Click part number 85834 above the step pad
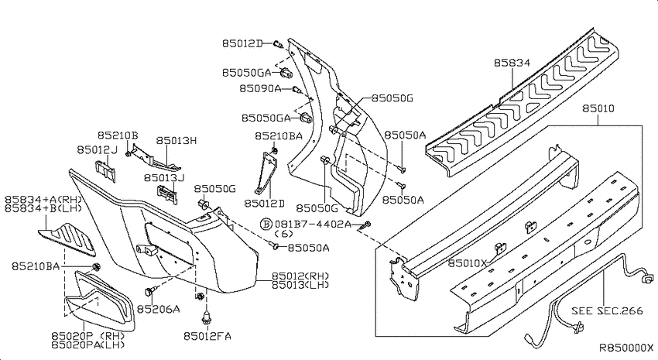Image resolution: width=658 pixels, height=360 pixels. coord(512,63)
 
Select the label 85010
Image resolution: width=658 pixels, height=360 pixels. coord(598,108)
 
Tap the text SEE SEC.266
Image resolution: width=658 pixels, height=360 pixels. coord(607,310)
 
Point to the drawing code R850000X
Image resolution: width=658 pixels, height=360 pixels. coord(625,348)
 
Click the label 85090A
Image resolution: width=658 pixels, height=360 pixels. coord(260,88)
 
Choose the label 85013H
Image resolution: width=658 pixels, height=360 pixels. coord(176,140)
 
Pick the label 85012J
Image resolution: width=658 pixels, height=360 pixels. coord(97,149)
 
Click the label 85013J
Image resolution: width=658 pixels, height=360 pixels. coord(164,178)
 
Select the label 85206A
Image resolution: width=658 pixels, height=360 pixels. coord(159,309)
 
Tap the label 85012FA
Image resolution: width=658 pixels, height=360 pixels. coord(207,336)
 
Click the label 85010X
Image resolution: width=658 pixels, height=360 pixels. coord(468,263)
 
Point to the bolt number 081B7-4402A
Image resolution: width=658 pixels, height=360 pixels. coord(313,224)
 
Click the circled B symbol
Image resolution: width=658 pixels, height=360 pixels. coord(266,224)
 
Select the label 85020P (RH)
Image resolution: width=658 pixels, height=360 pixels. coord(88,336)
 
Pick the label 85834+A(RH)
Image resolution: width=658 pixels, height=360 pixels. coord(43,199)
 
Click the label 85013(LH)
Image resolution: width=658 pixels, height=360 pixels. coord(300,285)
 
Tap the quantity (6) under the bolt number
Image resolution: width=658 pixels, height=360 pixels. coord(283,234)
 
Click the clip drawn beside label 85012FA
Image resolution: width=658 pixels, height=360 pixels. coord(206,317)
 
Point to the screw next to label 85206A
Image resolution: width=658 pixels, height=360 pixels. coord(150,291)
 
